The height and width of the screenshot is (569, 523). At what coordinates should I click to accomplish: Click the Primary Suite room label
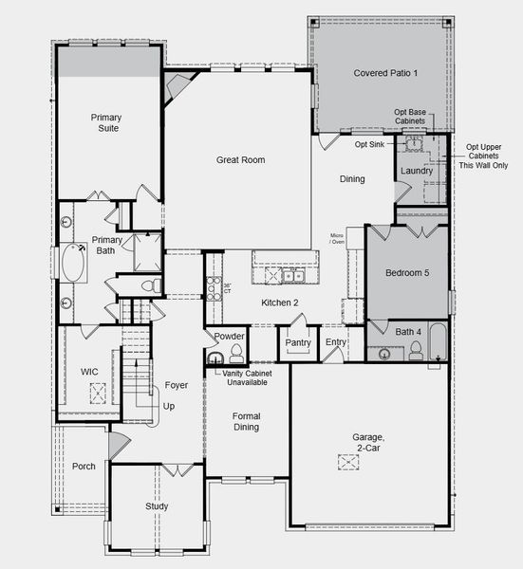[x=105, y=122]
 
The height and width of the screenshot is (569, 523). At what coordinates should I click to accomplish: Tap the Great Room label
[x=240, y=160]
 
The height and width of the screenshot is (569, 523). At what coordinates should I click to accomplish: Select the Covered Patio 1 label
[x=385, y=73]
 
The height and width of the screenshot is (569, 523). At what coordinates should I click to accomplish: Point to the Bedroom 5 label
[x=407, y=272]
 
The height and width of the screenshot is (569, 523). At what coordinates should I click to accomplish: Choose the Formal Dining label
[x=246, y=422]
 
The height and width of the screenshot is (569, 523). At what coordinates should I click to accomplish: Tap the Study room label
[x=157, y=506]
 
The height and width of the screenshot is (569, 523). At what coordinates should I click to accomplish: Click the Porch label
[x=84, y=466]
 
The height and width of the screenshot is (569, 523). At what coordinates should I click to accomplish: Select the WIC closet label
[x=90, y=371]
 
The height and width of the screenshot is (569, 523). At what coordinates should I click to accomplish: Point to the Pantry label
[x=298, y=342]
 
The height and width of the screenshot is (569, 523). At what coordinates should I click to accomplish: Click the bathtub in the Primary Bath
[x=72, y=263]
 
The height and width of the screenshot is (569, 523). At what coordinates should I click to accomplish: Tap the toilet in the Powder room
[x=236, y=355]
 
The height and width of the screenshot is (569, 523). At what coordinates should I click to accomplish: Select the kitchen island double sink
[x=287, y=276]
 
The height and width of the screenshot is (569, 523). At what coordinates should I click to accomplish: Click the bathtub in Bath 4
[x=438, y=345]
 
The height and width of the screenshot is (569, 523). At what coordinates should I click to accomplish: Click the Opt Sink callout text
[x=369, y=144]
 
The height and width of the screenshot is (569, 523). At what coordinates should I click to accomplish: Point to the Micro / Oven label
[x=337, y=238]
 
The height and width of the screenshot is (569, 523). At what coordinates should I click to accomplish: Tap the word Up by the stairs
[x=170, y=406]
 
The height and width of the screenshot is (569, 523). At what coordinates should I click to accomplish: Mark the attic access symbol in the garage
[x=348, y=461]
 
